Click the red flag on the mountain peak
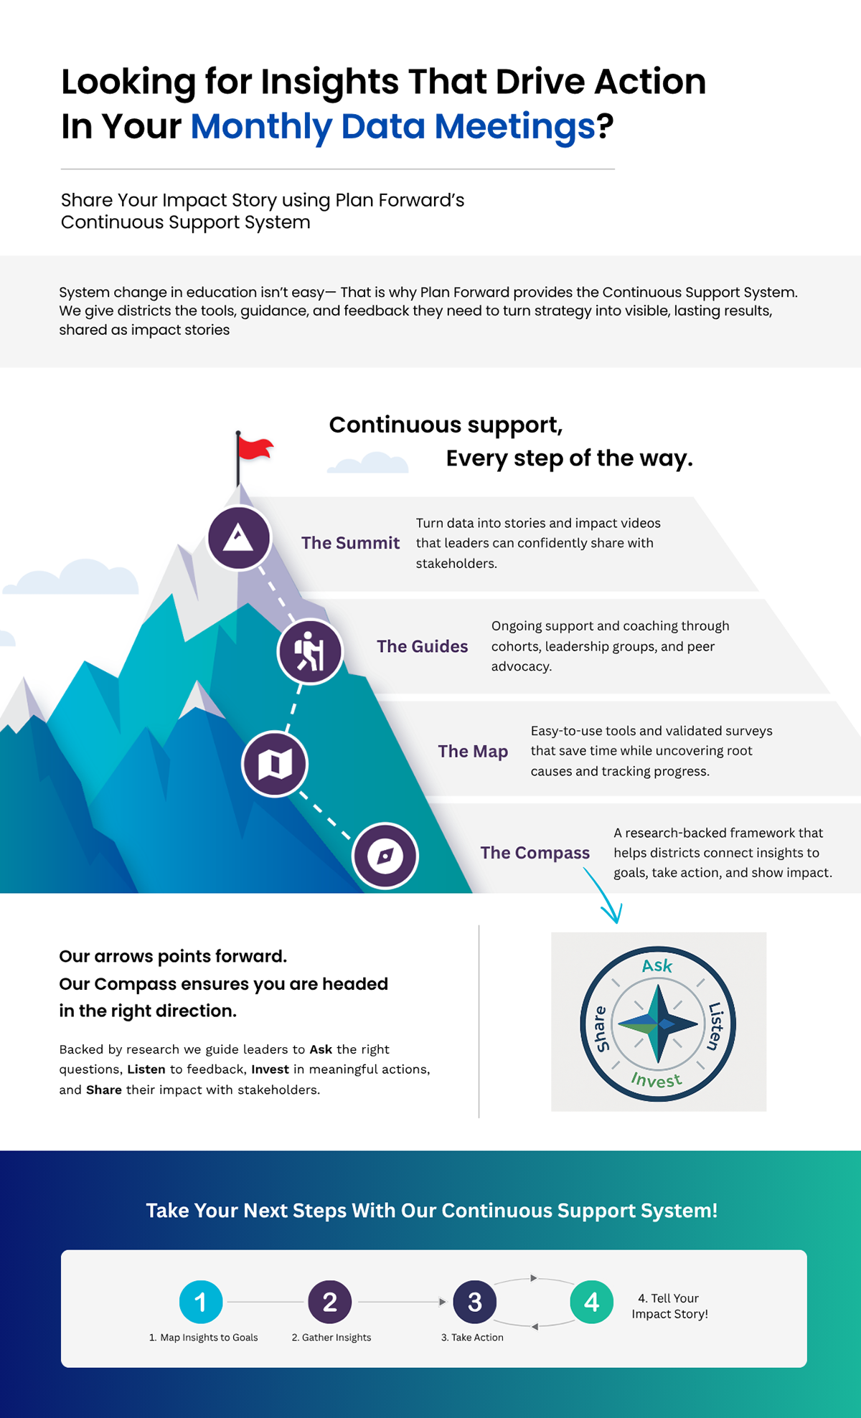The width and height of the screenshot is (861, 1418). click(x=255, y=448)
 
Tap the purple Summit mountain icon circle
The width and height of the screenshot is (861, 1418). click(x=239, y=538)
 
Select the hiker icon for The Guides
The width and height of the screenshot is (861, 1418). click(x=310, y=651)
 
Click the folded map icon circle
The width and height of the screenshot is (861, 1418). click(x=275, y=764)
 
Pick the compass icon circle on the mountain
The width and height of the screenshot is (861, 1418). click(x=385, y=856)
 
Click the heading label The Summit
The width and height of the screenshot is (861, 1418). click(x=350, y=543)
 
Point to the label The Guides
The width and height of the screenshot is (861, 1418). click(x=422, y=646)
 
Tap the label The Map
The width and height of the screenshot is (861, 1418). click(x=473, y=751)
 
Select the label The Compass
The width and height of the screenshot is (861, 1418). click(x=535, y=853)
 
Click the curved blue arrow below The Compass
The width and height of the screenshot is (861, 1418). click(x=604, y=897)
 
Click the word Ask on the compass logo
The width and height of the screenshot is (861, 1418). click(x=657, y=966)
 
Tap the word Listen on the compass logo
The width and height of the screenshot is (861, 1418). click(x=715, y=1026)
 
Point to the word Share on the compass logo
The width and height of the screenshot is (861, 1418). click(x=600, y=1029)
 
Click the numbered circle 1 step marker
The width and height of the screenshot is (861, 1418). click(x=201, y=1302)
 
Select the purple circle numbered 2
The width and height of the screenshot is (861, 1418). click(x=330, y=1302)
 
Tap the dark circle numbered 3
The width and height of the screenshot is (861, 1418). click(x=474, y=1302)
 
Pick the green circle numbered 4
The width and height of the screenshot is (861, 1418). click(x=591, y=1302)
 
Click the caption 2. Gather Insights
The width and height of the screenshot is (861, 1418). click(x=331, y=1338)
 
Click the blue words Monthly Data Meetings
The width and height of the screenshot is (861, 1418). click(x=392, y=126)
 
